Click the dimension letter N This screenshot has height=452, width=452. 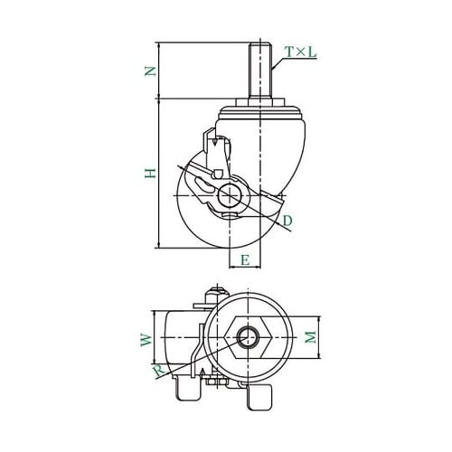(150, 71)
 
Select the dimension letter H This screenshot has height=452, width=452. (150, 173)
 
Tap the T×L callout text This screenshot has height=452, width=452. (301, 52)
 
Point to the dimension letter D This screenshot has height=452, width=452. (287, 221)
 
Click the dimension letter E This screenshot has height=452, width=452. (245, 259)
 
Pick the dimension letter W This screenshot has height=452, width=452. (146, 340)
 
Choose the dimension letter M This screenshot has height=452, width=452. (310, 337)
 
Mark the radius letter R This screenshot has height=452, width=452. (159, 372)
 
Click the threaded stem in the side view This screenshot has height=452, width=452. (259, 71)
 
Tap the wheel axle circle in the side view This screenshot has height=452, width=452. (230, 196)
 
